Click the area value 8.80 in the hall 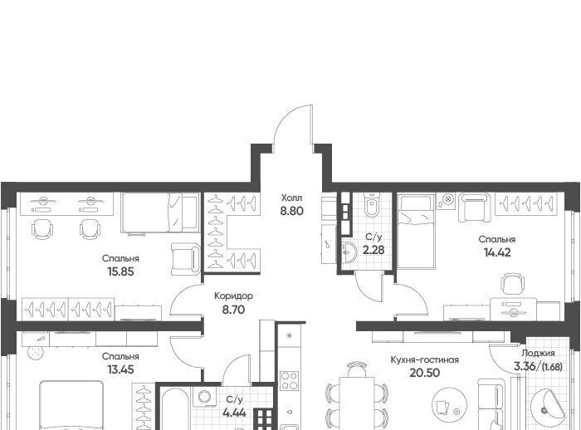[292, 211]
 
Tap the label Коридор [234, 296]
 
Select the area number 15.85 [120, 271]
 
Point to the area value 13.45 [120, 369]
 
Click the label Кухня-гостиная [425, 360]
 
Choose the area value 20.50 [425, 373]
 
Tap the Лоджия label [538, 353]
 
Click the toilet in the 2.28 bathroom [370, 206]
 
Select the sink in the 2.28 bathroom [349, 253]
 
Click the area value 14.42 [497, 252]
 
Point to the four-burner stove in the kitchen [289, 380]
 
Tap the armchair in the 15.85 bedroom [186, 260]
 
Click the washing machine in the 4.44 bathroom [204, 397]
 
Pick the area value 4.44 [234, 413]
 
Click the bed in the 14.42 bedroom [415, 232]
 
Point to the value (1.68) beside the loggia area [552, 367]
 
